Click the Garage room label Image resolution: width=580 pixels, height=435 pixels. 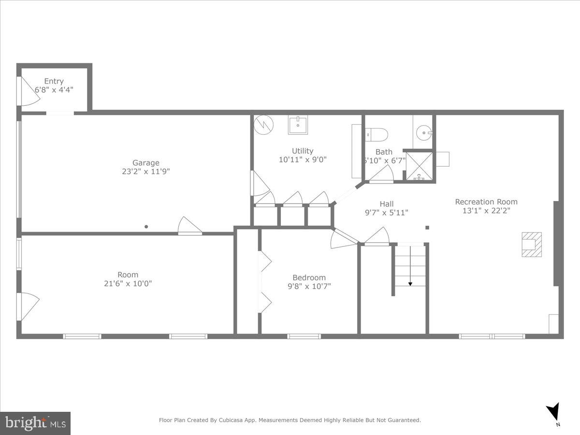[x=145, y=163]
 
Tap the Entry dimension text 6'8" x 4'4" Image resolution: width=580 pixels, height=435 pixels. [x=54, y=90]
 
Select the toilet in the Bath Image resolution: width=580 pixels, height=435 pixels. [x=377, y=134]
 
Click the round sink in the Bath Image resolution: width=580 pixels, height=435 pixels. [x=425, y=131]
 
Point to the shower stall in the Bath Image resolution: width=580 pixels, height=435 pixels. [x=419, y=166]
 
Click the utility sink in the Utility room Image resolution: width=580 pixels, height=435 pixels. [x=298, y=125]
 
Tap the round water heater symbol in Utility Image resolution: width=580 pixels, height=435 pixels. [x=264, y=125]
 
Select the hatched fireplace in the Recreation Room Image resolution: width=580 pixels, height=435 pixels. [x=531, y=245]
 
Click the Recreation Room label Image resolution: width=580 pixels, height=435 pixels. [x=486, y=202]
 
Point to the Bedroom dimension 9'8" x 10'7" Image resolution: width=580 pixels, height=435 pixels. [x=309, y=286]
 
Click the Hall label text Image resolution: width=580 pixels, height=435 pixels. [x=386, y=204]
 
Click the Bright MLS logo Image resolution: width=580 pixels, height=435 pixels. [x=35, y=423]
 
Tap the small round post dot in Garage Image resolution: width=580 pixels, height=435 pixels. [x=146, y=226]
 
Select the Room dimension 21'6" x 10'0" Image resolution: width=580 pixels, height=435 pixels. [x=128, y=284]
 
